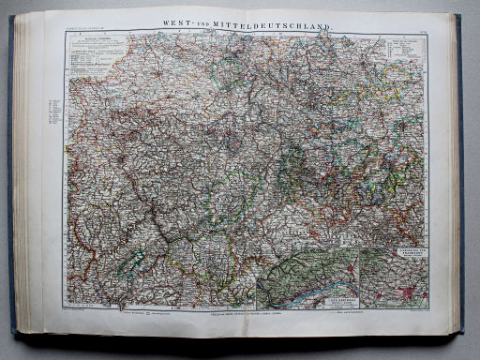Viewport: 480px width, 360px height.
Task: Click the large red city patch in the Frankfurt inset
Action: [x=410, y=295]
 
